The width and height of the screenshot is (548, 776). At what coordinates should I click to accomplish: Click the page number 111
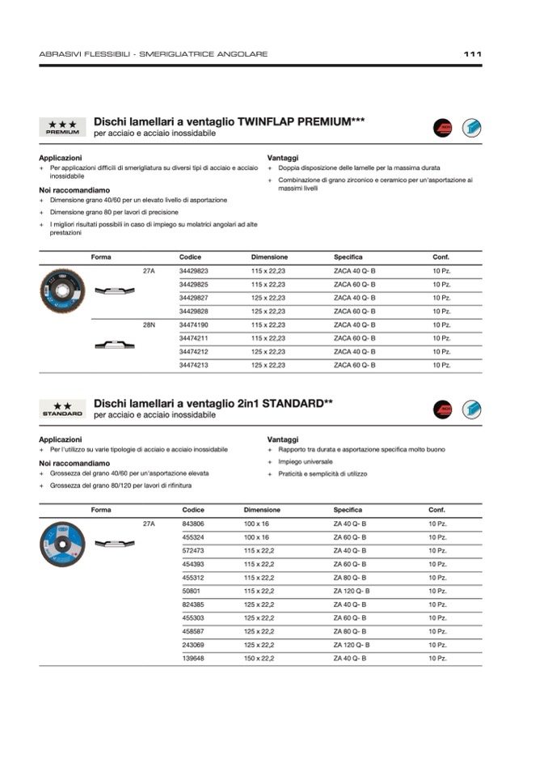[x=473, y=54]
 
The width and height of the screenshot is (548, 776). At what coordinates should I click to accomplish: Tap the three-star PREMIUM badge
[x=62, y=127]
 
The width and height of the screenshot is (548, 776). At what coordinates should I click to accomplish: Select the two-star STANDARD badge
[x=62, y=409]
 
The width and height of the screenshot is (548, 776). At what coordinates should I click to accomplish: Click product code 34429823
[x=193, y=271]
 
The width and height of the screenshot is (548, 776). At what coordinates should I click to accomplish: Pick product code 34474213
[x=193, y=365]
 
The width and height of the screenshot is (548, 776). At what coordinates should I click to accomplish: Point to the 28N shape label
[x=149, y=324]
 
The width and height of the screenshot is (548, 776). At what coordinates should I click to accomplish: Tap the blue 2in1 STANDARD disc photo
[x=62, y=543]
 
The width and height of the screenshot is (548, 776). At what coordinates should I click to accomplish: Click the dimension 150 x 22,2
[x=259, y=659]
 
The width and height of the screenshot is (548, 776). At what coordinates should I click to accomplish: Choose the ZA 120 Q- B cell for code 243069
[x=352, y=645]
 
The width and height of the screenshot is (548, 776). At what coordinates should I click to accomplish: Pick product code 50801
[x=192, y=592]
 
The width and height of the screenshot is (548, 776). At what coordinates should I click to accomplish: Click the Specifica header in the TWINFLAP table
[x=348, y=257]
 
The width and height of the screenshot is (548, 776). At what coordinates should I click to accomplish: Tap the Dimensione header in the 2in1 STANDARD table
[x=262, y=510]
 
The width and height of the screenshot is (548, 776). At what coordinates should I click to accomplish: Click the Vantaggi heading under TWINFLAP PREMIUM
[x=283, y=158]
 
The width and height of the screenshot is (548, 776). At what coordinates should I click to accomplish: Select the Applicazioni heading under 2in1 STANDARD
[x=60, y=439]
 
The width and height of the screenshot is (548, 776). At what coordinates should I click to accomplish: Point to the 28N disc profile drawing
[x=114, y=346]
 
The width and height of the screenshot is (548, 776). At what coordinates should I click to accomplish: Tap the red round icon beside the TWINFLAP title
[x=443, y=127]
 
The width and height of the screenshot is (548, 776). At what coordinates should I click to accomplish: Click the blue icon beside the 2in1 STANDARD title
[x=471, y=409]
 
